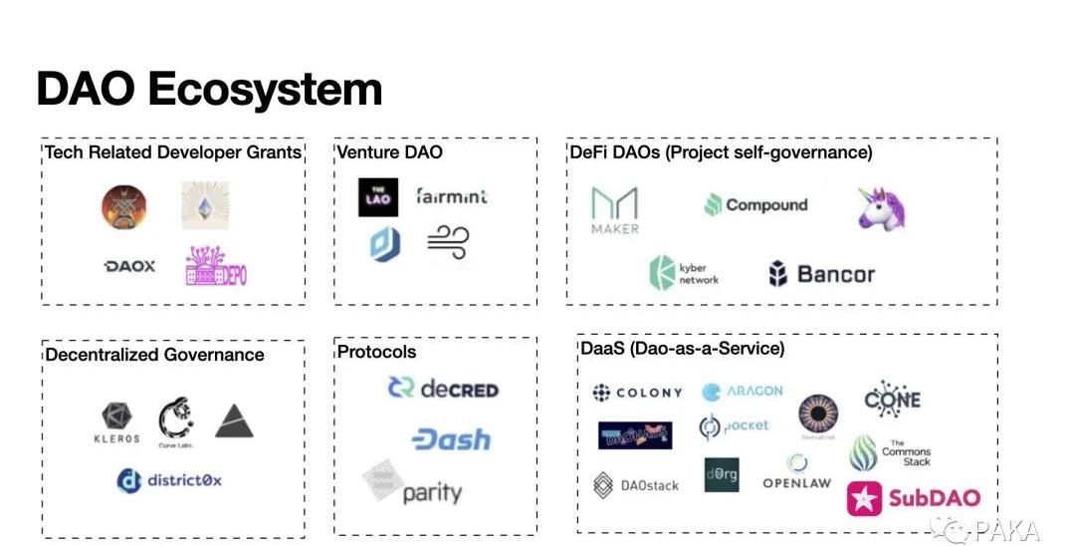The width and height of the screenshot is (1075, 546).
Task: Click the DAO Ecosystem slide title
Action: click(209, 89)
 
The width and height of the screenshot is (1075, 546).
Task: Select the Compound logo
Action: click(755, 205)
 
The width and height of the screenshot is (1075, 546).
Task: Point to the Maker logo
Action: click(614, 210)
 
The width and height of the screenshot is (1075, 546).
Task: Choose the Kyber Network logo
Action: click(684, 273)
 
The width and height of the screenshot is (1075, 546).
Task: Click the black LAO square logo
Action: click(378, 197)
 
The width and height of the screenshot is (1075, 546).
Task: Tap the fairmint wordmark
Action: click(452, 196)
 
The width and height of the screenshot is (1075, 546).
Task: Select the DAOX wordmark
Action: click(129, 266)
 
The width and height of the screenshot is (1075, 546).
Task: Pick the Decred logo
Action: click(443, 389)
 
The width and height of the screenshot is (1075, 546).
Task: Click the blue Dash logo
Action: click(451, 438)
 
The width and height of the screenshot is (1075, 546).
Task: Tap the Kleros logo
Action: click(116, 423)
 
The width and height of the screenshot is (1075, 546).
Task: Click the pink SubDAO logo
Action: click(914, 498)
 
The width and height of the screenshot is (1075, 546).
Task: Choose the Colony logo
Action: click(637, 393)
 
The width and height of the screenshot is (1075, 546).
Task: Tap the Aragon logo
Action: click(742, 392)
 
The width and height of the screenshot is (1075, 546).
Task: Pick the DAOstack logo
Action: click(636, 485)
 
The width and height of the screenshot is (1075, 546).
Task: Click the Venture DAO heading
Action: click(389, 152)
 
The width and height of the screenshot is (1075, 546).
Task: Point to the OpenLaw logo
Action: click(796, 474)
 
